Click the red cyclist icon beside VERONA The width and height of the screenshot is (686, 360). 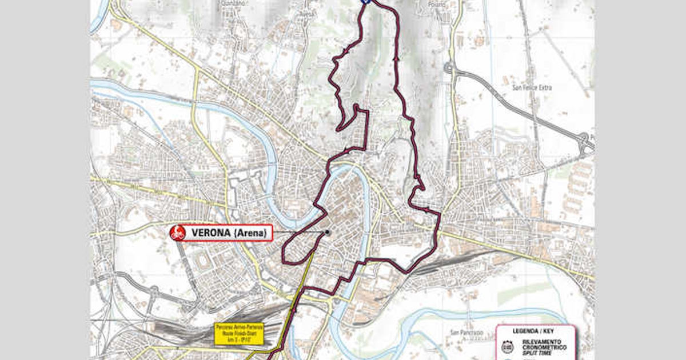(178, 233)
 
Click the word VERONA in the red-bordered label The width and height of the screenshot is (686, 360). (211, 233)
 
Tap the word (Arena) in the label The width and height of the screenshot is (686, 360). (251, 233)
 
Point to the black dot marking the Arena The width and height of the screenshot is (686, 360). (328, 233)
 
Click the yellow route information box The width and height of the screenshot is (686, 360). (239, 334)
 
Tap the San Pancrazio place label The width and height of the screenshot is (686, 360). (464, 332)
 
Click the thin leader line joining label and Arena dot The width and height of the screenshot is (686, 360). (298, 233)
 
